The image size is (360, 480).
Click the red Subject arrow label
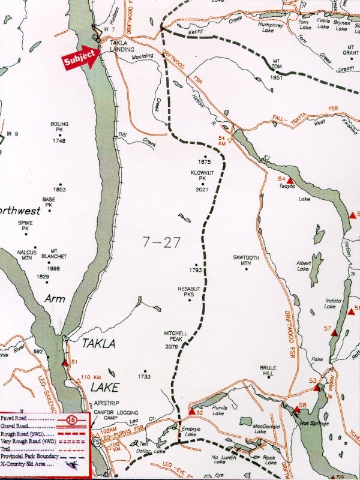click(80, 56)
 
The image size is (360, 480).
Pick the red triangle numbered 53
click(316, 388)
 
